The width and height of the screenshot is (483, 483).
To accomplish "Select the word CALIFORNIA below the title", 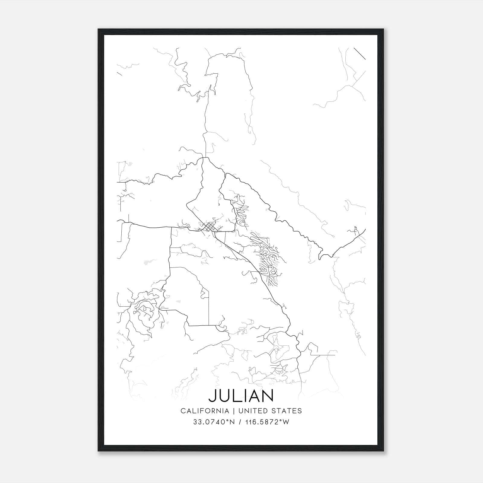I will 205,411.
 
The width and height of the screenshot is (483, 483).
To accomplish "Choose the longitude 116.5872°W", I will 266,422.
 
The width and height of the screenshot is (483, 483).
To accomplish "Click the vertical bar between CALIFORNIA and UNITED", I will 234,411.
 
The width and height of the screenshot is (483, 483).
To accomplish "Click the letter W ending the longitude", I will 286,422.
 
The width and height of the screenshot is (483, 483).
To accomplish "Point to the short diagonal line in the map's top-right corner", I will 360,53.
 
